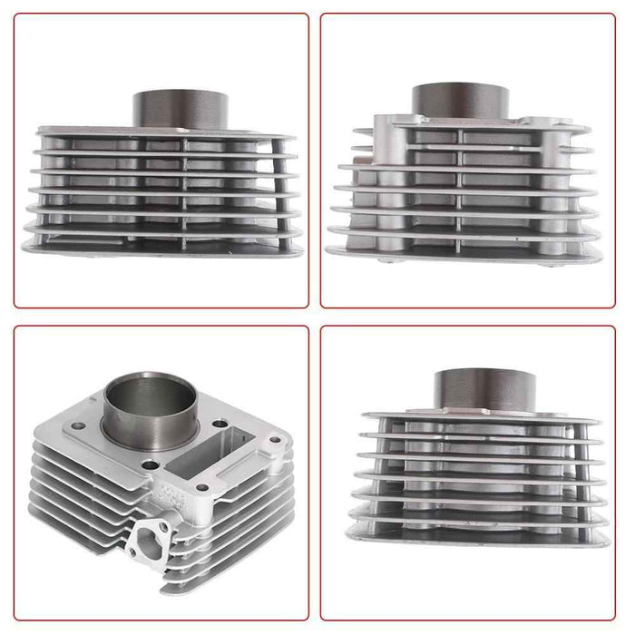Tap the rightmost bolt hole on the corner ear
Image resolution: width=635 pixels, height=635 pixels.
point(275,441)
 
